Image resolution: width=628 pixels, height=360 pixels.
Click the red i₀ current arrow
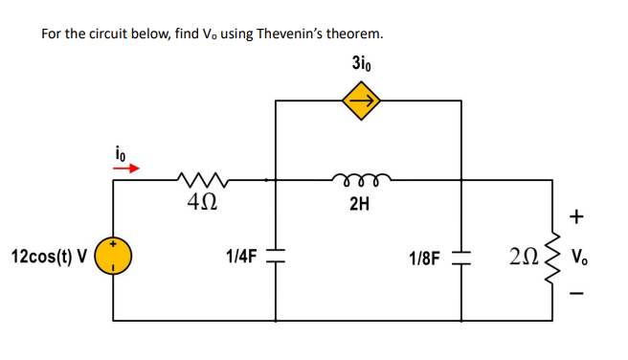126,168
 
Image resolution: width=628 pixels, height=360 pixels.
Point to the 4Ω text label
201,202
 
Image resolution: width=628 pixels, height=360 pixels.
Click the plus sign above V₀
576,218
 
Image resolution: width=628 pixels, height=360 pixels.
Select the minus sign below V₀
576,293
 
